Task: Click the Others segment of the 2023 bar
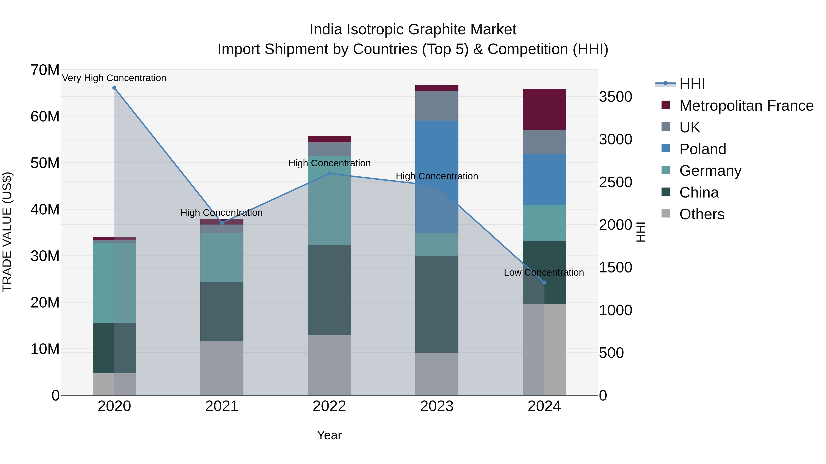coord(436,374)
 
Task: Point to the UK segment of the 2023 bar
coord(436,106)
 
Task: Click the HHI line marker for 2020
coord(114,88)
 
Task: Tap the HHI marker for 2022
coord(329,173)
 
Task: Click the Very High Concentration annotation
coord(114,78)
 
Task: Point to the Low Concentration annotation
coord(544,272)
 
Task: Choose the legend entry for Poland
coord(703,149)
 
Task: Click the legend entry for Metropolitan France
coord(746,106)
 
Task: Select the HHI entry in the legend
coord(692,84)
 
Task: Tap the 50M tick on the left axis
coord(45,163)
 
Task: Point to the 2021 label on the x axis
coord(222,406)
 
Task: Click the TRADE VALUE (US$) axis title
coord(7,232)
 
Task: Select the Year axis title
coord(329,435)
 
